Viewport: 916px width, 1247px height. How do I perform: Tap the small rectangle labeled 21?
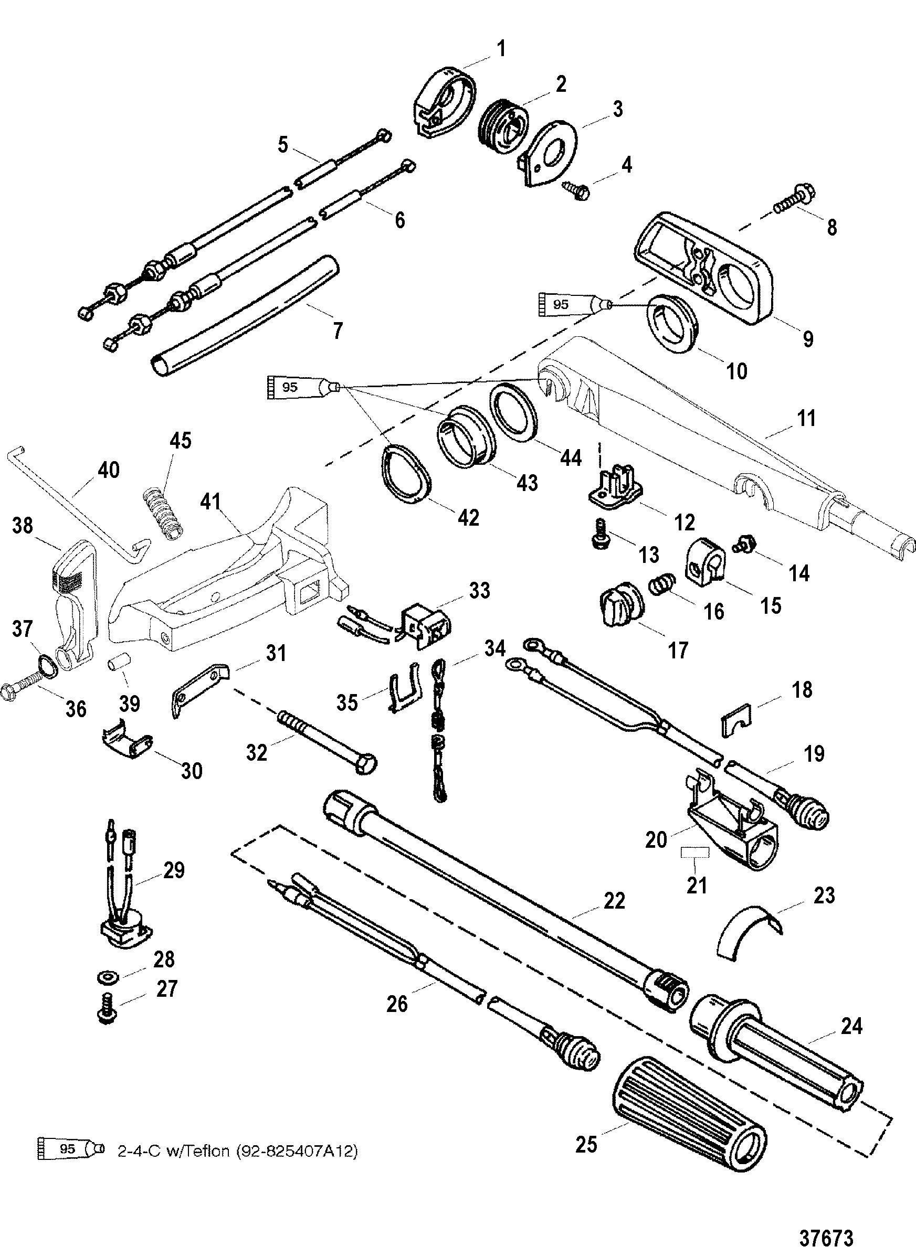(696, 852)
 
